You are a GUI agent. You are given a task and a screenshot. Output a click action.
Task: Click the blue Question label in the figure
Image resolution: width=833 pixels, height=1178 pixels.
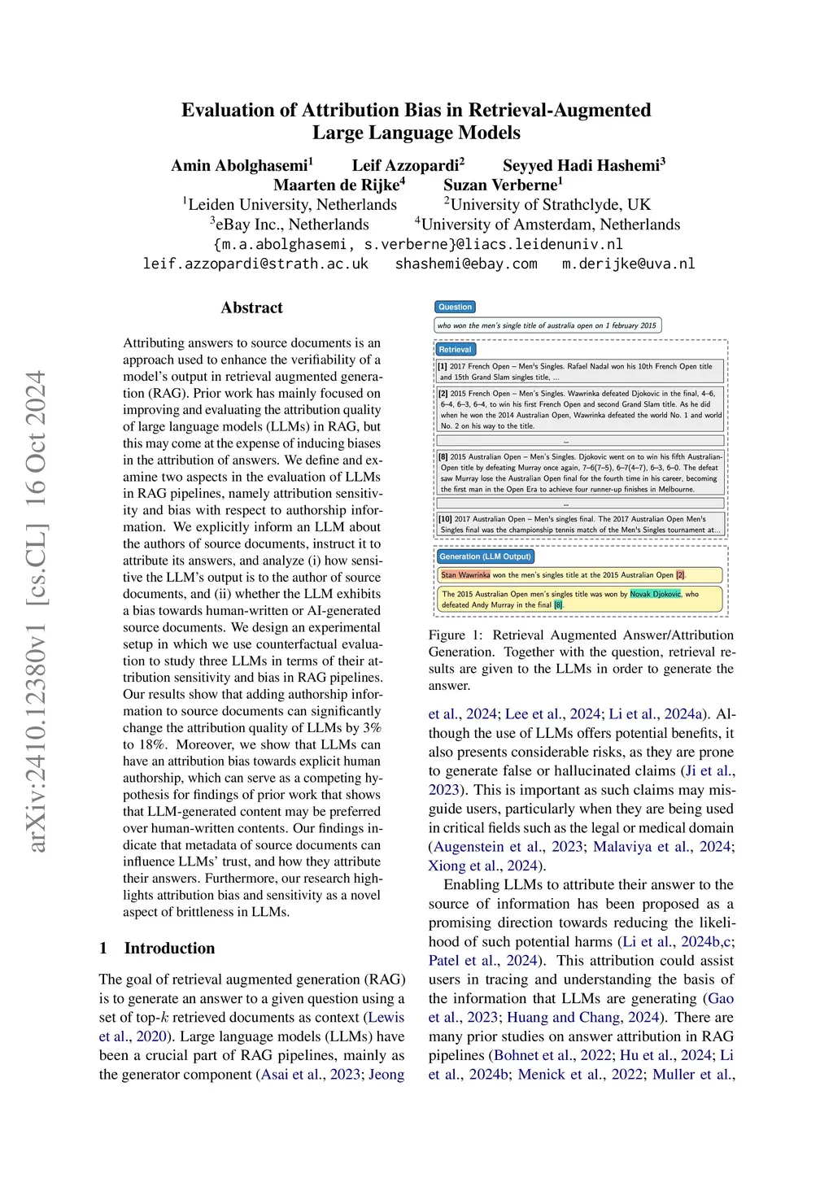pos(455,307)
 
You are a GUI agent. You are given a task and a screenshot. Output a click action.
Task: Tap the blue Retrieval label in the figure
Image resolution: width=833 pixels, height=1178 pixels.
pos(455,349)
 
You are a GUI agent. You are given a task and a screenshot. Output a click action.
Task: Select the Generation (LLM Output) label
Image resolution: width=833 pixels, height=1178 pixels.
pos(485,556)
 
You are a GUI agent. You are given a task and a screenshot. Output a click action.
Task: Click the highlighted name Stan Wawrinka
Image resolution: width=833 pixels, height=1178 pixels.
pos(465,574)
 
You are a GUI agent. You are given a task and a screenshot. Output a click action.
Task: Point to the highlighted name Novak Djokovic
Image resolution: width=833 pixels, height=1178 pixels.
pos(655,594)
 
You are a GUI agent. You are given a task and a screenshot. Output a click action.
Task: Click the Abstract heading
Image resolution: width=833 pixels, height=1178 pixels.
pos(251,308)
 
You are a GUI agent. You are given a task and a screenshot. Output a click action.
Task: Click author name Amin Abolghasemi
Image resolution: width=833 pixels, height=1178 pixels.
pos(241,166)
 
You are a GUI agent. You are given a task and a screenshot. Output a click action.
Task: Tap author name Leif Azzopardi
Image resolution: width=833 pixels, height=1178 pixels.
pos(407,166)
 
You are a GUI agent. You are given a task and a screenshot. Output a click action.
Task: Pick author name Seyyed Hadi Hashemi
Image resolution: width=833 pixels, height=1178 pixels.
pos(583,166)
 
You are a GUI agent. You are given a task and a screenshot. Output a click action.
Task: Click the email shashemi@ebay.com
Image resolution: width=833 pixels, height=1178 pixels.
pos(466,264)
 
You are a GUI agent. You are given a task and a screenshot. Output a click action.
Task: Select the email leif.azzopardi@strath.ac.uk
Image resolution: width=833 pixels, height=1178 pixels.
pos(255,264)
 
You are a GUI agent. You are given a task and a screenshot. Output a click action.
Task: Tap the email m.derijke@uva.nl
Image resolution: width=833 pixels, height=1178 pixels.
pos(628,264)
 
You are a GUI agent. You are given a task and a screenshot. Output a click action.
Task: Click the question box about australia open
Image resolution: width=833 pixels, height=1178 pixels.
pos(547,325)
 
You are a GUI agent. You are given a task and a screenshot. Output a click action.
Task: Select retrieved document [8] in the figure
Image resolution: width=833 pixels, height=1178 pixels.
pos(580,473)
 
